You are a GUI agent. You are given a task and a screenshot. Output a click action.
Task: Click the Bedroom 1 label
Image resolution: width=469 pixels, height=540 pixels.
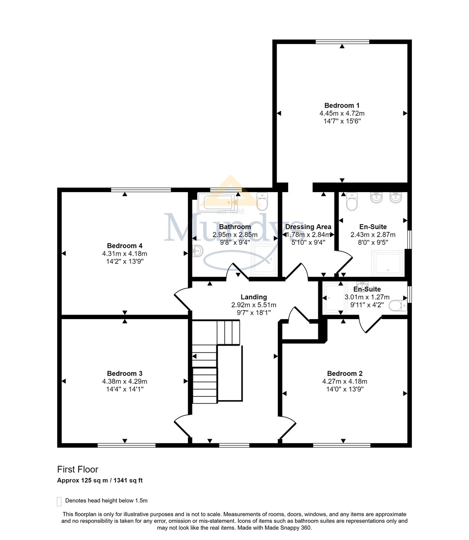(x=342, y=106)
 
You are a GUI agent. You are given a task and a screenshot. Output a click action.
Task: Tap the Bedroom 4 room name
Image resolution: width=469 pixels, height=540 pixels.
(x=125, y=246)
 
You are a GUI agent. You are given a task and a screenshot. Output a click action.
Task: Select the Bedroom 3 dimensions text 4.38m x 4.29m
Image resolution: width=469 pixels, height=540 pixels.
(x=125, y=381)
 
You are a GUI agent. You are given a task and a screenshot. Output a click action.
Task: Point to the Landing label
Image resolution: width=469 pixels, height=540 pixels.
(x=254, y=297)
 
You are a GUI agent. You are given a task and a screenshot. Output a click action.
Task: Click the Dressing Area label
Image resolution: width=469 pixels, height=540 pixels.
(x=308, y=227)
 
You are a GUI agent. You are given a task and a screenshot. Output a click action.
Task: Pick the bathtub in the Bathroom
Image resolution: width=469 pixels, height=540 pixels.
(x=216, y=202)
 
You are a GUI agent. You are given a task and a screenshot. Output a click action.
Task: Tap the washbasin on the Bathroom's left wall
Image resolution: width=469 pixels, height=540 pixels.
(x=198, y=251)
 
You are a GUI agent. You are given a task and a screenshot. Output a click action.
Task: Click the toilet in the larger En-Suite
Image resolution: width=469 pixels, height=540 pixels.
(x=352, y=201)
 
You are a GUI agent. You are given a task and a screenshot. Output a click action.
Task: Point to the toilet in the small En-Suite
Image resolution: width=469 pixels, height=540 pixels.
(x=398, y=306)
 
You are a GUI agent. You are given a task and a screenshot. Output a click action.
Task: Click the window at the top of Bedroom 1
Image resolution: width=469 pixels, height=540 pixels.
(x=342, y=41)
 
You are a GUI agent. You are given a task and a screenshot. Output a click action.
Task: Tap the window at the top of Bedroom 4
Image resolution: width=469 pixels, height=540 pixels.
(x=141, y=189)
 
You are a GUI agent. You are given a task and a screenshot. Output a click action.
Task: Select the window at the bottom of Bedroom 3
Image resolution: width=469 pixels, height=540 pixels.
(x=126, y=445)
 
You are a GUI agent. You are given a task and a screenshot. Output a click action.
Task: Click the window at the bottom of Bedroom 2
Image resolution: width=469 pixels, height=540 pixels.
(x=342, y=445)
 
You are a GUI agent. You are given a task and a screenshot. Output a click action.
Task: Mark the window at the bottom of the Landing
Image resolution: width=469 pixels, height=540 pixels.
(x=234, y=445)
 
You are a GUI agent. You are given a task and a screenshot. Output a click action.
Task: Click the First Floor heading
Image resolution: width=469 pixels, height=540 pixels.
(x=77, y=469)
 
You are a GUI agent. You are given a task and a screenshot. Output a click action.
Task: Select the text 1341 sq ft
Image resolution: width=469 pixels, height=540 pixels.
(x=128, y=480)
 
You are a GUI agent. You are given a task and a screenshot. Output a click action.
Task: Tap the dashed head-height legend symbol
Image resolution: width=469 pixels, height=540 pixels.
(x=59, y=502)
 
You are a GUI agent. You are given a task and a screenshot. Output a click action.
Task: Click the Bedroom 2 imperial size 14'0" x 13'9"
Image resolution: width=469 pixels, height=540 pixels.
(x=345, y=389)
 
